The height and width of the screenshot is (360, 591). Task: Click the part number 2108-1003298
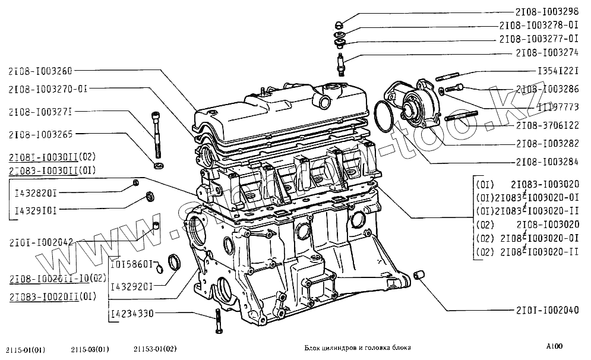click(x=546, y=11)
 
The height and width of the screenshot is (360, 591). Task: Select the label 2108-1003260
click(x=40, y=71)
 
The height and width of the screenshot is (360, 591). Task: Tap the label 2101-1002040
click(x=546, y=310)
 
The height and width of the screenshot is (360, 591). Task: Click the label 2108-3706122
click(x=546, y=125)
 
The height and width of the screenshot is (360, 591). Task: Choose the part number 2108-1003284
click(x=546, y=162)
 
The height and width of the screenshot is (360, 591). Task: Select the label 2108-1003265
click(x=40, y=134)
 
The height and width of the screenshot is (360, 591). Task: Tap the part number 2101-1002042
click(x=41, y=242)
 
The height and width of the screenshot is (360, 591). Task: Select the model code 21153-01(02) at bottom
click(x=155, y=349)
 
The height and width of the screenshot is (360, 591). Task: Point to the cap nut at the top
click(x=338, y=25)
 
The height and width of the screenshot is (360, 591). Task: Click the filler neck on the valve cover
click(x=324, y=99)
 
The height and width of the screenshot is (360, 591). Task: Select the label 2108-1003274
click(x=546, y=52)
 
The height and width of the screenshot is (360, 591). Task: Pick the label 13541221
click(x=558, y=71)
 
